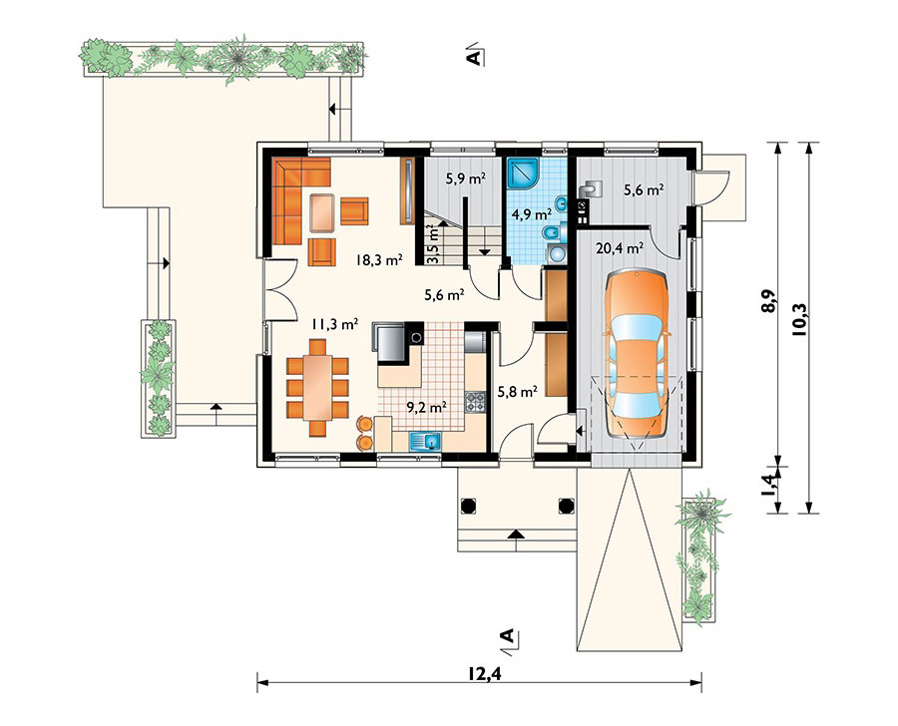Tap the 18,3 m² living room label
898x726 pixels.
click(378, 260)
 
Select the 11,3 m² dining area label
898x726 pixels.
click(335, 325)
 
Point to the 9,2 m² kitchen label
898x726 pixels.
click(427, 407)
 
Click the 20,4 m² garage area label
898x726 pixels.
click(620, 248)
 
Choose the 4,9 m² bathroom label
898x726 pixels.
click(532, 214)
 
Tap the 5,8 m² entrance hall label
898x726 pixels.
click(517, 392)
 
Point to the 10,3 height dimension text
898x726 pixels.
click(799, 318)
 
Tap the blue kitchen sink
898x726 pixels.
click(425, 441)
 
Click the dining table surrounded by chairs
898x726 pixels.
click(317, 388)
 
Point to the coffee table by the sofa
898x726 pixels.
click(322, 212)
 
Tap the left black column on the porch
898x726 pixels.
click(467, 505)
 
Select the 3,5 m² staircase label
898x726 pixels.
click(434, 244)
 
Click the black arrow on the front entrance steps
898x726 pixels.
click(516, 535)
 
